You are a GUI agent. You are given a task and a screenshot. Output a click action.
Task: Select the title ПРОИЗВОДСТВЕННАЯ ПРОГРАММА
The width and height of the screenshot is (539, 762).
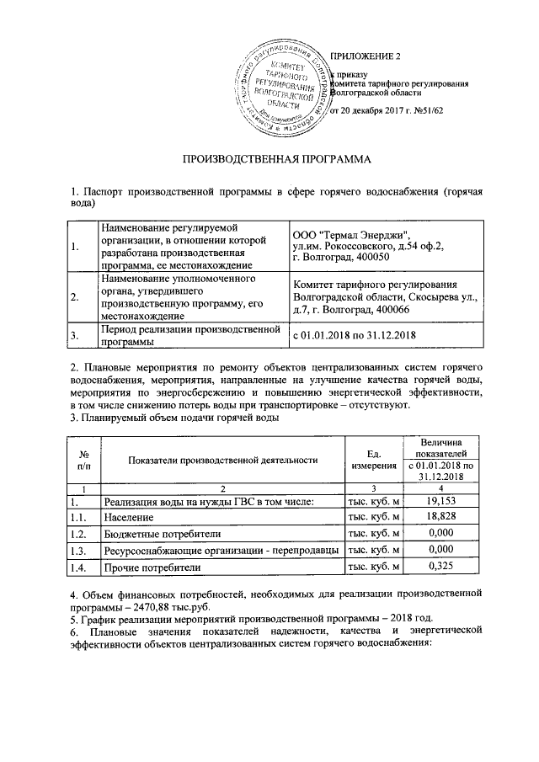pyautogui.click(x=269, y=159)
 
